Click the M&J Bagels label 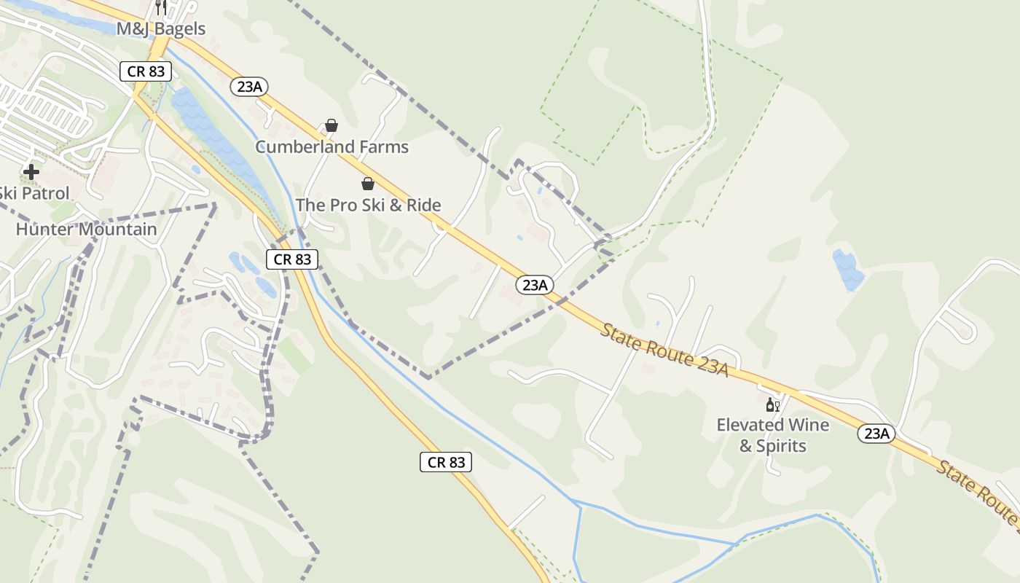(161, 29)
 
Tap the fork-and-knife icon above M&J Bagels (161, 7)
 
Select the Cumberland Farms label (331, 146)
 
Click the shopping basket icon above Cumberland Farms (331, 125)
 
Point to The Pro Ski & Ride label (368, 205)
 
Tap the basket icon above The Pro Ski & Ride (368, 184)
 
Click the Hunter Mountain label (86, 229)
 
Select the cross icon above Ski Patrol (31, 172)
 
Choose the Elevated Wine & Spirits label (773, 435)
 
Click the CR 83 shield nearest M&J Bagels (146, 71)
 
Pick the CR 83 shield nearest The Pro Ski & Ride (292, 259)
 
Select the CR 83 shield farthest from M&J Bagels (446, 461)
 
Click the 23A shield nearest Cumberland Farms (249, 87)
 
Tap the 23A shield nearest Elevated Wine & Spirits (876, 434)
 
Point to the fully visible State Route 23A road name (664, 351)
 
